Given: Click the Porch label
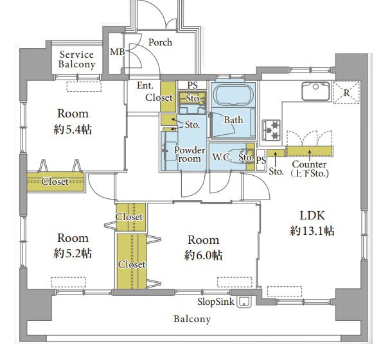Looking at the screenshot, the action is pos(160,42).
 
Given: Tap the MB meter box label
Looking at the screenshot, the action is pos(118,52).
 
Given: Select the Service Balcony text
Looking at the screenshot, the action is pos(77,60).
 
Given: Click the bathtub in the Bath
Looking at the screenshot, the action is pos(233,96).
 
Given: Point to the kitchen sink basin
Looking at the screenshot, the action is pos(316,91).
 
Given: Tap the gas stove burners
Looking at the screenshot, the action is pos(271,130).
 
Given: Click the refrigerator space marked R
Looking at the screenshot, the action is pos(346,92).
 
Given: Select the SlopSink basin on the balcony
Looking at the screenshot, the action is pos(244,302).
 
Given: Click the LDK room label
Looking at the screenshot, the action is pos(312,216).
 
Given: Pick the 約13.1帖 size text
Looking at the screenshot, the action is pos(312,231).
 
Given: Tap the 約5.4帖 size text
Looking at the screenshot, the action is pos(73,130).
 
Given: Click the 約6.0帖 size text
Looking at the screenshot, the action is pos(203,255).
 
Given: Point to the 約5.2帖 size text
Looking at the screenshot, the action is pos(73,253).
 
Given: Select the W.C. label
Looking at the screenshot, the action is pos(222,157).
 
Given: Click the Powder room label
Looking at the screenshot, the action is pos(190,154).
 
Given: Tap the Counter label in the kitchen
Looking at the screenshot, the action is pos(309,164).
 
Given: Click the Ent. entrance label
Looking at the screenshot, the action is pos(145,85).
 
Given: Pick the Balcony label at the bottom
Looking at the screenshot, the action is pos(192,319).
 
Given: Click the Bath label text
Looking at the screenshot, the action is pos(234,120).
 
